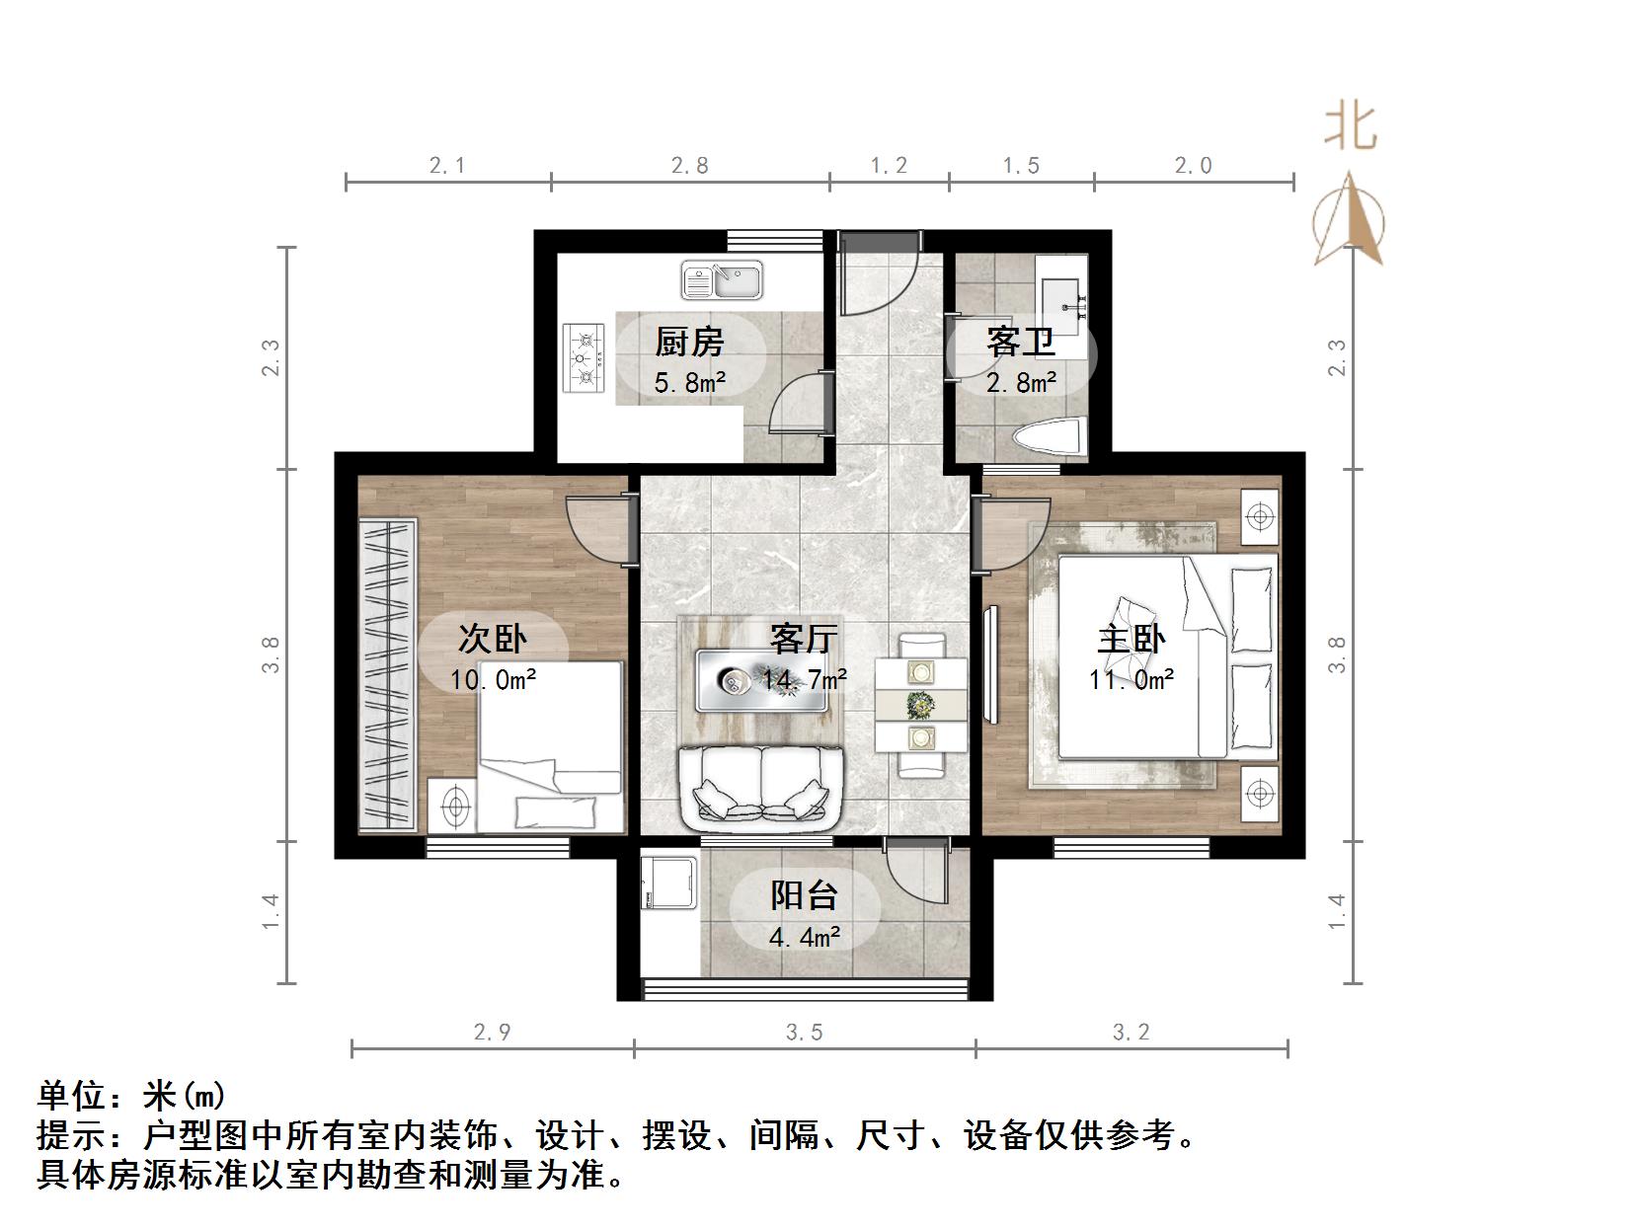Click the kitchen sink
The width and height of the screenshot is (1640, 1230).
click(722, 279)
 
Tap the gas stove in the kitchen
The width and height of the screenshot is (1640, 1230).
click(585, 358)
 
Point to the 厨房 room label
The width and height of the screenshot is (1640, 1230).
click(689, 343)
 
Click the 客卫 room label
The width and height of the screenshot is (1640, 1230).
click(1020, 343)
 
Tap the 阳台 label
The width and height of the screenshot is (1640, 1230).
click(804, 895)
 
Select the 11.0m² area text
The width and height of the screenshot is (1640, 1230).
click(1132, 679)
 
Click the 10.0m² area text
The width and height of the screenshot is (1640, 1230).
click(493, 679)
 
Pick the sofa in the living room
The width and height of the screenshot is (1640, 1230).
click(760, 788)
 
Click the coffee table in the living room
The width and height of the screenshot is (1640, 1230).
click(761, 679)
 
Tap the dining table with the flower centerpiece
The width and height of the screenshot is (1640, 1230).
click(920, 704)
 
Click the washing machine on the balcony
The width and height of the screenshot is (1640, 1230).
click(670, 883)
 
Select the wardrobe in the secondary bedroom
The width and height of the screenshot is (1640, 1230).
click(388, 673)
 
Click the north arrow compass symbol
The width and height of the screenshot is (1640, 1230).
click(1349, 222)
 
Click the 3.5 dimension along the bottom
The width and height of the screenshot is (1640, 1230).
click(804, 1033)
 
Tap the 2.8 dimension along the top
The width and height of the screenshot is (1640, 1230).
click(689, 166)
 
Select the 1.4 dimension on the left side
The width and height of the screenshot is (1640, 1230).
click(271, 911)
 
